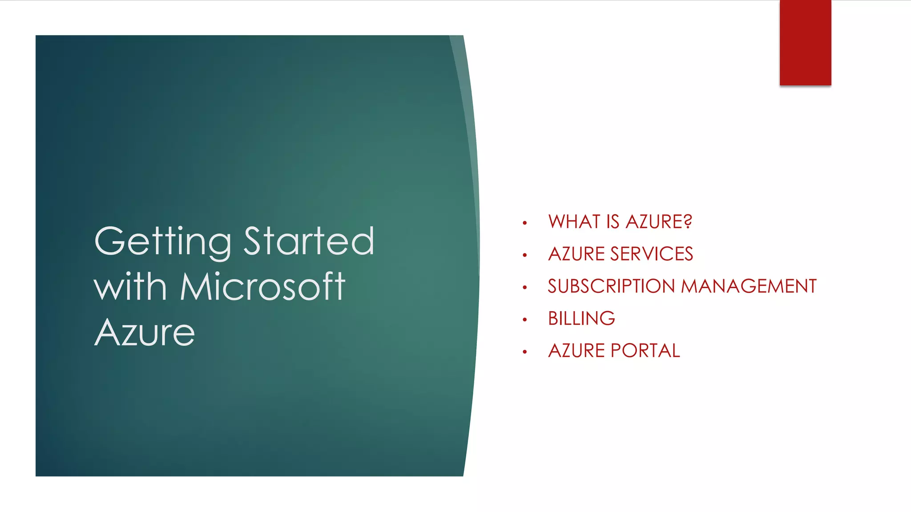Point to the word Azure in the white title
tap(145, 333)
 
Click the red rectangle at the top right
tap(805, 43)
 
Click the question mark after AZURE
tap(688, 221)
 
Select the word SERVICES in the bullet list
tap(652, 254)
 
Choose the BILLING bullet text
tap(581, 319)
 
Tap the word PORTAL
tap(645, 351)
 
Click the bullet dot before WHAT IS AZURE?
tap(525, 223)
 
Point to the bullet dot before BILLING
tap(525, 320)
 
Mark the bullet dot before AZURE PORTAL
tap(525, 352)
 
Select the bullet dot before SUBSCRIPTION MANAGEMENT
tap(525, 288)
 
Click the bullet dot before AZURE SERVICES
tap(525, 255)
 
